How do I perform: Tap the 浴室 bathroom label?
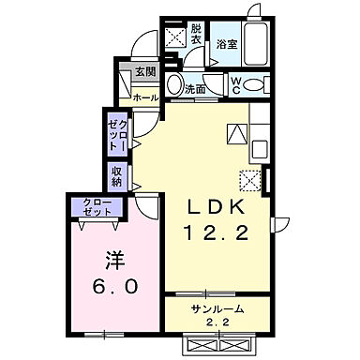[226, 44]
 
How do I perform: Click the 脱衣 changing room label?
[196, 34]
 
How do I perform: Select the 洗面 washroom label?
[195, 89]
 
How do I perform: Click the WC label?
[236, 83]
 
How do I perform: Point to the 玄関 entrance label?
[144, 72]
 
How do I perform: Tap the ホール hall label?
[144, 97]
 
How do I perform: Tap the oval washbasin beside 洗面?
[173, 87]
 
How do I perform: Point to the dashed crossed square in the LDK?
[249, 178]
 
